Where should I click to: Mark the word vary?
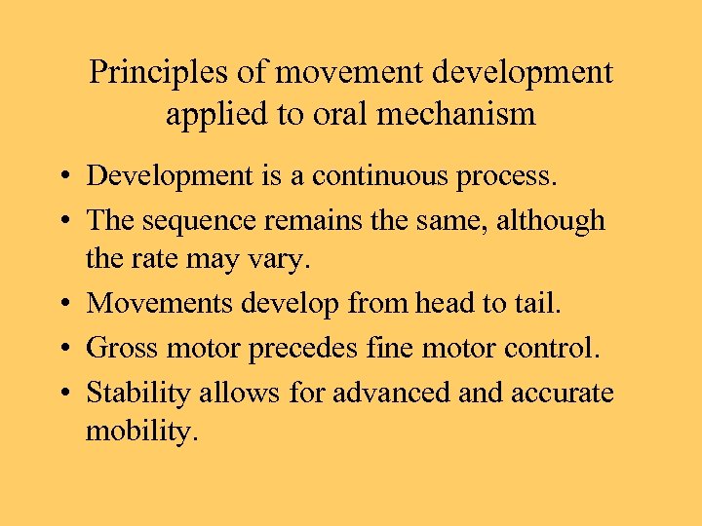tap(286, 262)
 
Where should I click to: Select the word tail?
tap(534, 303)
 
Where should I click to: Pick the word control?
tap(540, 348)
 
